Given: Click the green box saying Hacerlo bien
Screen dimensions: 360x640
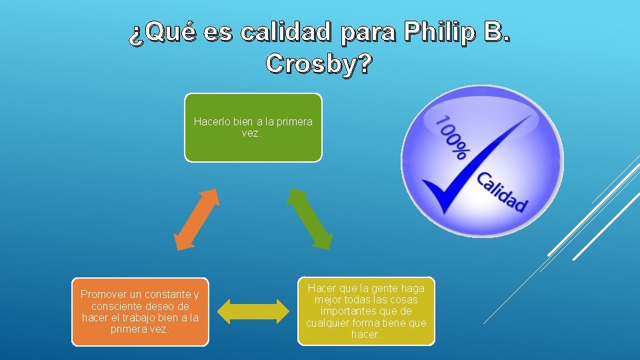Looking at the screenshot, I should point(253,127).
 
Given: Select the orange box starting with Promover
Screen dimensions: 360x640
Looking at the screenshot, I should point(140,311).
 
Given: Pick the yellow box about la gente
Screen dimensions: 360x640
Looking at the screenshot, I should point(366,311).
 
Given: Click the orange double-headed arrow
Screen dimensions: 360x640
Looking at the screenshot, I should point(197,220).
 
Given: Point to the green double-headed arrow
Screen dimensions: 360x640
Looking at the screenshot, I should point(309,219).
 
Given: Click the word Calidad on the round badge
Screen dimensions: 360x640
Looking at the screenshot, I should point(501,192).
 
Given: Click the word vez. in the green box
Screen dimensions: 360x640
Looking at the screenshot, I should point(253,133).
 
